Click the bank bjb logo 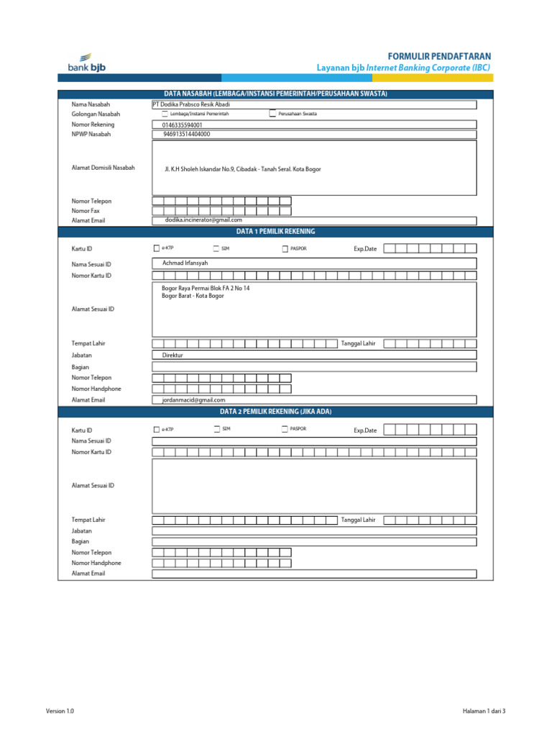[86, 63]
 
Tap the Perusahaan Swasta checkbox [272, 114]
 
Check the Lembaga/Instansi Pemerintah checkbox [165, 114]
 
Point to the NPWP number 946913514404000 [187, 134]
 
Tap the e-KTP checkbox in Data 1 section [157, 248]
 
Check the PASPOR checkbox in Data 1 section [285, 248]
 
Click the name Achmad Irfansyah [185, 263]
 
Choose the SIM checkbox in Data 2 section [216, 429]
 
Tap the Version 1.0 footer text [60, 711]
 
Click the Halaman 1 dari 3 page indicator [484, 711]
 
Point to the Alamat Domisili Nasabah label [103, 168]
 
